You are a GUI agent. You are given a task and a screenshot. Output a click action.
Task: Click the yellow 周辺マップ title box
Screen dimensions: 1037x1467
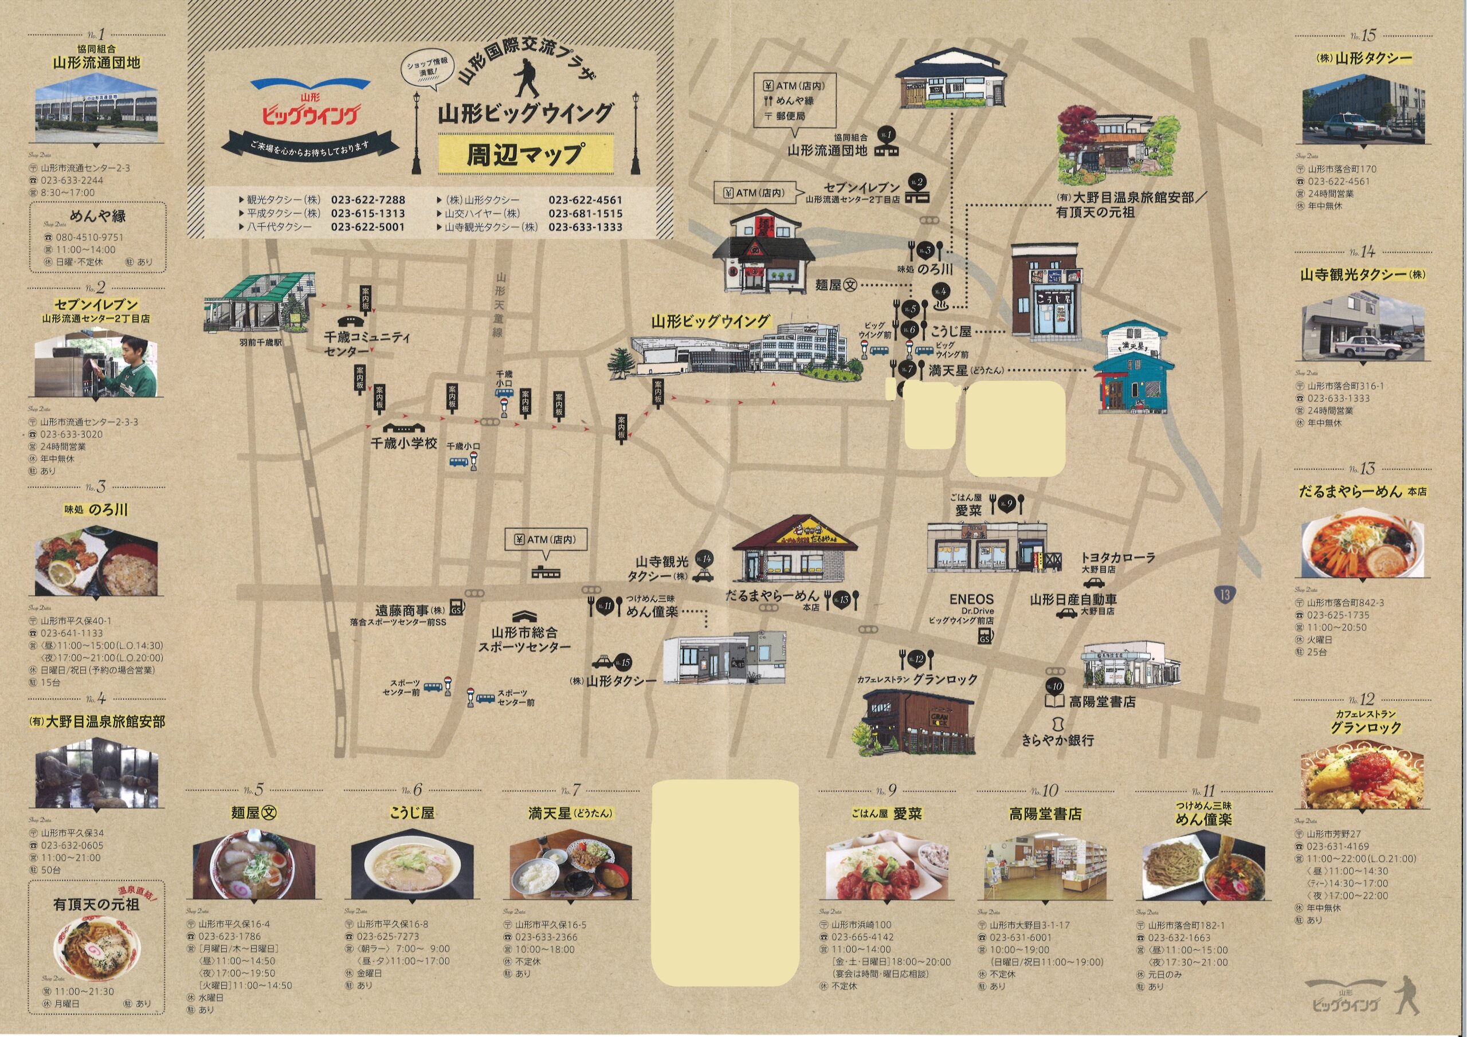point(525,154)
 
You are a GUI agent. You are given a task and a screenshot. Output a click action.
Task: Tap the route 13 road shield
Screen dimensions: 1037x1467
point(1224,595)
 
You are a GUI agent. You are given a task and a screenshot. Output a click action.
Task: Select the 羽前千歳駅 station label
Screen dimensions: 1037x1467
point(261,343)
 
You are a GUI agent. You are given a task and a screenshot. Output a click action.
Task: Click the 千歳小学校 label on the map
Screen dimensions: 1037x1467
point(404,443)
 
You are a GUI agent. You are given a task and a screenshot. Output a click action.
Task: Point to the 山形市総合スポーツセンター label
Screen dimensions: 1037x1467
point(524,639)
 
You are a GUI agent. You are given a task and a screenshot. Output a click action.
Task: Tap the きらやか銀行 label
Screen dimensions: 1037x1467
point(1057,740)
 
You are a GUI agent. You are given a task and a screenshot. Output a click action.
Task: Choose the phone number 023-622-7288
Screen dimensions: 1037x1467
point(368,200)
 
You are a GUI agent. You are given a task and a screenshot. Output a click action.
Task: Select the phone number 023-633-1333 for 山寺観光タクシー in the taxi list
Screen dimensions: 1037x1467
point(585,227)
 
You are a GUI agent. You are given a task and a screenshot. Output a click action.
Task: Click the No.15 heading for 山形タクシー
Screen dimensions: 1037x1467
point(1362,36)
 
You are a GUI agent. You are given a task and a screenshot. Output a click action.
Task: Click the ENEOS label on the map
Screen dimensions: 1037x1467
point(971,599)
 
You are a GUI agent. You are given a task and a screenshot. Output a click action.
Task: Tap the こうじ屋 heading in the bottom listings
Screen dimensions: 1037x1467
point(412,813)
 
